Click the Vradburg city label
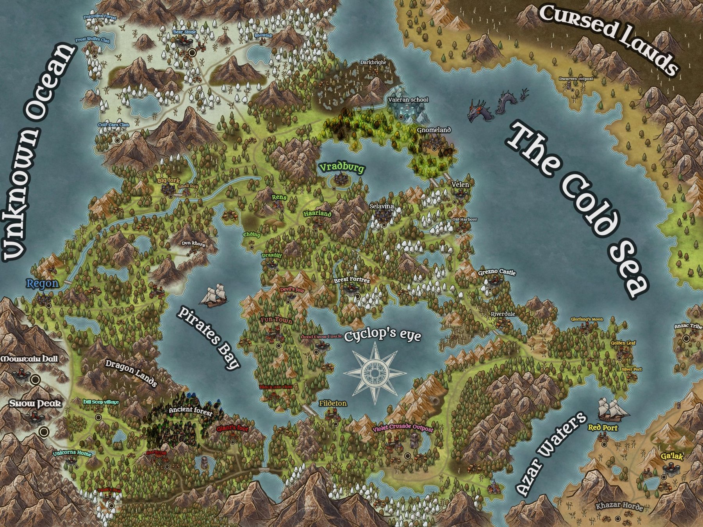[342, 168]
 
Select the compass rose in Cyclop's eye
[375, 373]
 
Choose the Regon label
[43, 283]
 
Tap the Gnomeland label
[434, 130]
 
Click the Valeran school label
[408, 100]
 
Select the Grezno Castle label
[497, 272]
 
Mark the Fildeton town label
[333, 403]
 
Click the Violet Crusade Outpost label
[403, 428]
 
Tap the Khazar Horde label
[619, 506]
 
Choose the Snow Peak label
[35, 403]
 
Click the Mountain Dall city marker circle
[36, 379]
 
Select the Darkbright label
[373, 62]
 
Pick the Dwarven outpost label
[576, 79]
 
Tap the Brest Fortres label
[351, 280]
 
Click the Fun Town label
[277, 320]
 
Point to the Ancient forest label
[191, 410]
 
